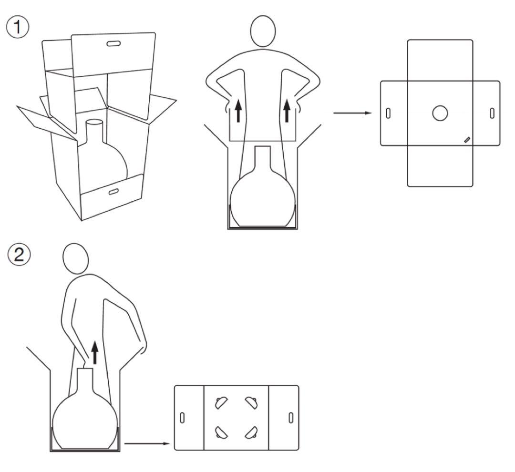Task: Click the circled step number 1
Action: click(18, 27)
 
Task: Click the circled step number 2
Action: click(19, 255)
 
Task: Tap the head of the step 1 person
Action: click(263, 31)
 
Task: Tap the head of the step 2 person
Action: click(75, 259)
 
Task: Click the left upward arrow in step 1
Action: click(239, 111)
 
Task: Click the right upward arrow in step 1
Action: click(287, 111)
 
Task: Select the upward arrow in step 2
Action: click(95, 352)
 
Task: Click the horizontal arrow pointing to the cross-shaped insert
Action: click(352, 113)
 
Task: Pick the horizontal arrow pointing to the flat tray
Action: click(147, 444)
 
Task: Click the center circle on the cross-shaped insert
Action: click(440, 113)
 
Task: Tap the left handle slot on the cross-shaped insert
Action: click(388, 113)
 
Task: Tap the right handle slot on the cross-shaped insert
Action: click(492, 113)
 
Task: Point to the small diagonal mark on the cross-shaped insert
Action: click(467, 140)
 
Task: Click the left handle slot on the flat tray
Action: click(182, 418)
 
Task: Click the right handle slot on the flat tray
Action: click(291, 418)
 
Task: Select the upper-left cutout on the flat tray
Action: click(221, 403)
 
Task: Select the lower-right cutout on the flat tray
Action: click(252, 432)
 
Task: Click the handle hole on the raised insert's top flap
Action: click(113, 43)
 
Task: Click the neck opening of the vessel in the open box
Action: click(94, 122)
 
